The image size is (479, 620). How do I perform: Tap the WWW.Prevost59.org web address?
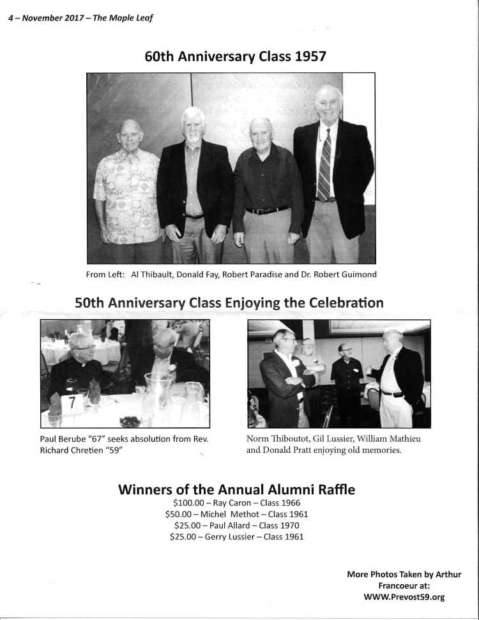point(404,597)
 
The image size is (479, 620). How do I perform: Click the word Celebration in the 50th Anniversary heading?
point(346,302)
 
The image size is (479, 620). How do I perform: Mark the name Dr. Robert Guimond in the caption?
point(345,275)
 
